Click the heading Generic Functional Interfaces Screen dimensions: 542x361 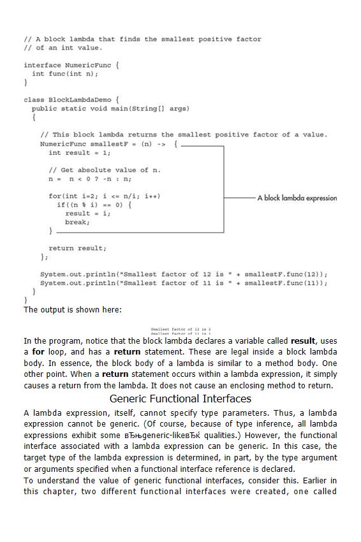coord(180,399)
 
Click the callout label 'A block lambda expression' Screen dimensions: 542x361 coord(297,198)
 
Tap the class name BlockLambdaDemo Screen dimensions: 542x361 coord(78,100)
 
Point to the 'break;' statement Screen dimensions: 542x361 coord(77,223)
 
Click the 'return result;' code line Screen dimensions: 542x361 coord(77,248)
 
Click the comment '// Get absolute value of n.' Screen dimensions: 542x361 coord(105,170)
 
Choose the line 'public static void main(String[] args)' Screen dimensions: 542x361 coord(110,108)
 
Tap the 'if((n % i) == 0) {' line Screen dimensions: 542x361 coord(94,205)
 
